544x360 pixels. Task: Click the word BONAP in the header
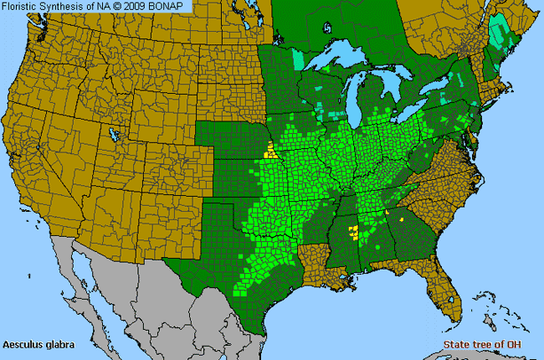point(172,6)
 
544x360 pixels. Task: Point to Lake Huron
point(398,84)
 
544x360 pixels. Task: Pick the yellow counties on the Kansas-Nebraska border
point(270,152)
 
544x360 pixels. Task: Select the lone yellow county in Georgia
point(401,219)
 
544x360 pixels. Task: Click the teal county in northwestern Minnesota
point(299,59)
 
